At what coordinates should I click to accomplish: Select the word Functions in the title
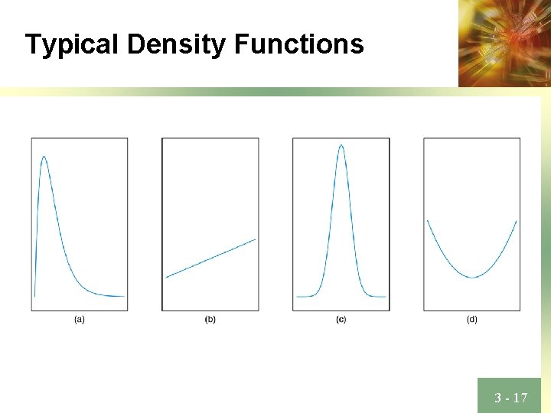[x=299, y=44]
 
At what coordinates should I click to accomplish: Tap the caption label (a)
[x=80, y=320]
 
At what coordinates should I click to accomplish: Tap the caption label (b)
[x=210, y=320]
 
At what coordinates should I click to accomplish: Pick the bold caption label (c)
[x=341, y=320]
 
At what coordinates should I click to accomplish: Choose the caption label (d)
[x=472, y=320]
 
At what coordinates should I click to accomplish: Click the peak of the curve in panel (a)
[x=44, y=157]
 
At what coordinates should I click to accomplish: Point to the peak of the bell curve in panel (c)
[x=341, y=145]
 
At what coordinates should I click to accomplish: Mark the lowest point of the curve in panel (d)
[x=472, y=277]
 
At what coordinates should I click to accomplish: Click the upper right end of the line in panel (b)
[x=256, y=239]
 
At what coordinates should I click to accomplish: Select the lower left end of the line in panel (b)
[x=166, y=277]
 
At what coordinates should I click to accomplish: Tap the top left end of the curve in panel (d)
[x=427, y=221]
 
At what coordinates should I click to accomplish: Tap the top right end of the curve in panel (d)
[x=517, y=221]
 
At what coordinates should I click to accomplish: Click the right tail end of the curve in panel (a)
[x=124, y=296]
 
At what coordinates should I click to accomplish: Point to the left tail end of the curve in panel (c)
[x=297, y=296]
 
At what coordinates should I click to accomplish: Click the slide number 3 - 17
[x=510, y=397]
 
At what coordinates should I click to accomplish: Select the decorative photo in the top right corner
[x=504, y=43]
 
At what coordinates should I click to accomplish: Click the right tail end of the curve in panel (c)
[x=386, y=296]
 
